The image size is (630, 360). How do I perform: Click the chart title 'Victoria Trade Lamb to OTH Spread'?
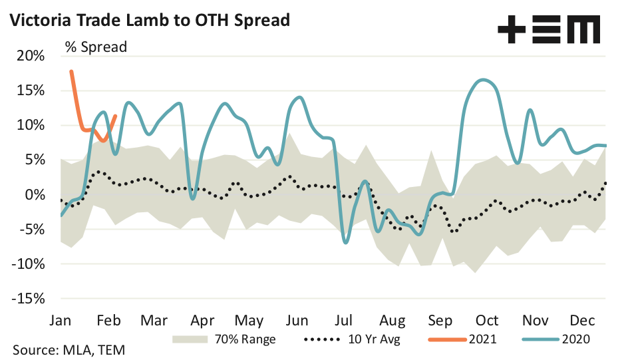(148, 20)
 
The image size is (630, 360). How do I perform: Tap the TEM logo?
(549, 29)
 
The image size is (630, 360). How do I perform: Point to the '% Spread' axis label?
(96, 47)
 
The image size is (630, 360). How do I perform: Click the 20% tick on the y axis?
(31, 56)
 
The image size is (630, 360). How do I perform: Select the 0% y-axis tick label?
(35, 195)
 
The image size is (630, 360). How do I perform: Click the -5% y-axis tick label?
(31, 230)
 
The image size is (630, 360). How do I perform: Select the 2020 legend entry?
(556, 339)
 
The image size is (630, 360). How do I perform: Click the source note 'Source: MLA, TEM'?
(69, 350)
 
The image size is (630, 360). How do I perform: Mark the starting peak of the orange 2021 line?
(71, 71)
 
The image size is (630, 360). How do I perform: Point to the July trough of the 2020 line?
(345, 242)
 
